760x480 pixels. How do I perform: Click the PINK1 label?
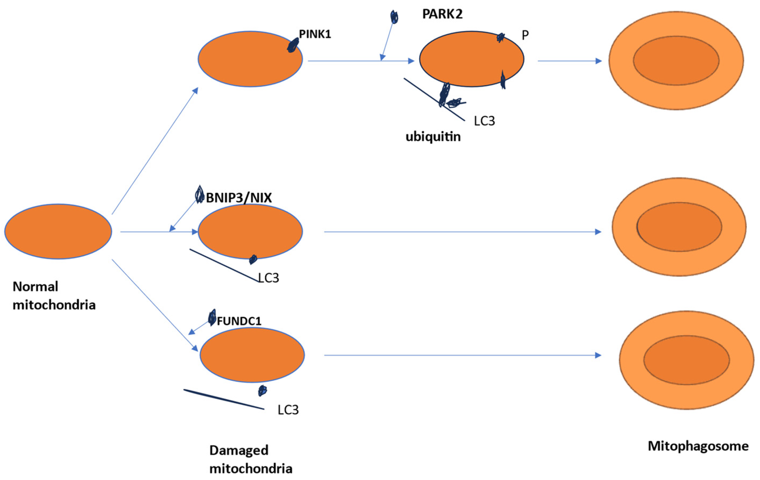315,34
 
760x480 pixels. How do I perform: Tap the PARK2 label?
442,14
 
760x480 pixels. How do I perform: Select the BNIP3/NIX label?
239,198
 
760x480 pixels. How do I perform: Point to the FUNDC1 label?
239,321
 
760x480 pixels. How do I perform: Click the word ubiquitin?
433,137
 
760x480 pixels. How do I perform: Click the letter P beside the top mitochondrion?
525,35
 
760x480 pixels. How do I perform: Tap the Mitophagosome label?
698,446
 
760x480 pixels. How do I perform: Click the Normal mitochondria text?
54,296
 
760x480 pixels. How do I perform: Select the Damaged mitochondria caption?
250,459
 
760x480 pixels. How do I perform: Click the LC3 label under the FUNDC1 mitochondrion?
288,410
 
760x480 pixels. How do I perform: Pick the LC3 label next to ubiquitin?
484,121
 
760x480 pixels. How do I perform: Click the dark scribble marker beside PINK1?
293,45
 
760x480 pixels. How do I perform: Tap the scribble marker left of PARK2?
394,17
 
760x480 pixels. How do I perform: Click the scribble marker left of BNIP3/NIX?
199,194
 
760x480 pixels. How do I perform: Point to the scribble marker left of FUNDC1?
212,317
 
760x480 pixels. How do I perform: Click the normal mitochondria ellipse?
58,231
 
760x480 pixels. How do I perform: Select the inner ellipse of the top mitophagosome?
676,61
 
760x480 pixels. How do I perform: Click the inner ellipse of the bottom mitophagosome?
686,360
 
